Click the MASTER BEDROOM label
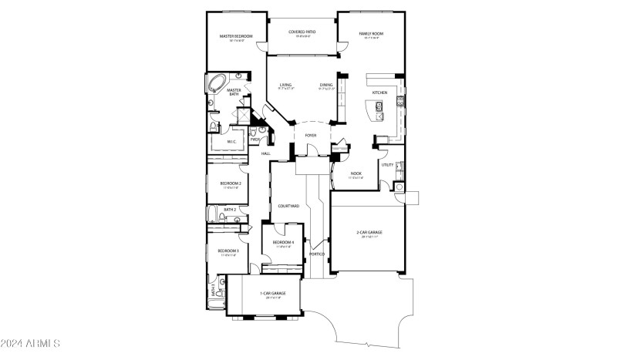[x=235, y=35]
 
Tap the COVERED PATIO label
[x=302, y=32]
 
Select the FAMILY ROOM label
[x=371, y=35]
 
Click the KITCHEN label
[x=379, y=93]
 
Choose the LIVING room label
[x=285, y=85]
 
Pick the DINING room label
[x=326, y=85]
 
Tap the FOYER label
[x=311, y=135]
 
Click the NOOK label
[x=356, y=173]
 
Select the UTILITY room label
[x=387, y=164]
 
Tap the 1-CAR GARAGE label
[x=273, y=294]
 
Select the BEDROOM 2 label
[x=231, y=183]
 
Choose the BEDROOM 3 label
[x=228, y=251]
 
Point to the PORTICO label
[x=316, y=254]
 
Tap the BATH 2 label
[x=230, y=209]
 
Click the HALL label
[x=265, y=153]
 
